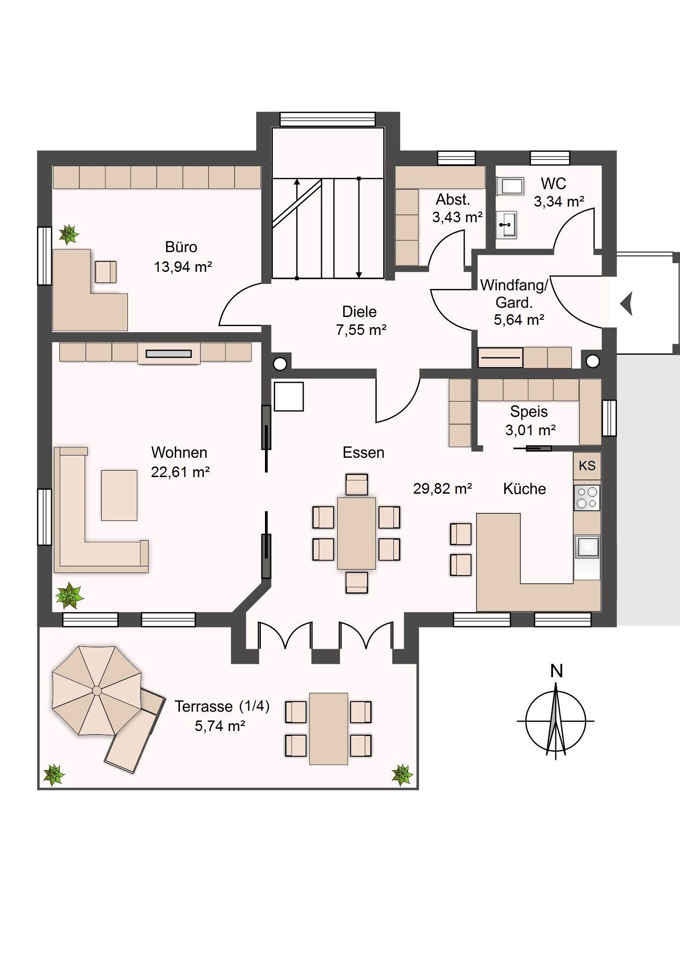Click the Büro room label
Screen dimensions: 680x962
coord(181,247)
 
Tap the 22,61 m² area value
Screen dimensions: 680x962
coord(180,472)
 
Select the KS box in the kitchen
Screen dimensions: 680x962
coord(587,466)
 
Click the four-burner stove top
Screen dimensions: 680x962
coord(587,497)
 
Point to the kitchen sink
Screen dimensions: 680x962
coord(587,547)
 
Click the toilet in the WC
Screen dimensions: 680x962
coord(510,186)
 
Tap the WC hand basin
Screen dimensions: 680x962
coord(507,225)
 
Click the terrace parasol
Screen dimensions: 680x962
coord(97,691)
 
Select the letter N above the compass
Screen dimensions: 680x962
coord(557,671)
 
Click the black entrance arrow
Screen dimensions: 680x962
coord(627,304)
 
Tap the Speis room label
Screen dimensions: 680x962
coord(529,411)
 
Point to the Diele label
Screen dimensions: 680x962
coord(359,311)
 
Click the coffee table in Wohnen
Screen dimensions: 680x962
coord(119,495)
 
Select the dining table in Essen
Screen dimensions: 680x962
coord(357,533)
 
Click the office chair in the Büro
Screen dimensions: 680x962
coord(106,271)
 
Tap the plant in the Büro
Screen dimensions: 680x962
coord(69,234)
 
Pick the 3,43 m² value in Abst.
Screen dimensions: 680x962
coord(457,217)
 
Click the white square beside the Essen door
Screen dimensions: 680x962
coord(289,396)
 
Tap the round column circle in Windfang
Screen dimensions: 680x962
coord(593,362)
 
